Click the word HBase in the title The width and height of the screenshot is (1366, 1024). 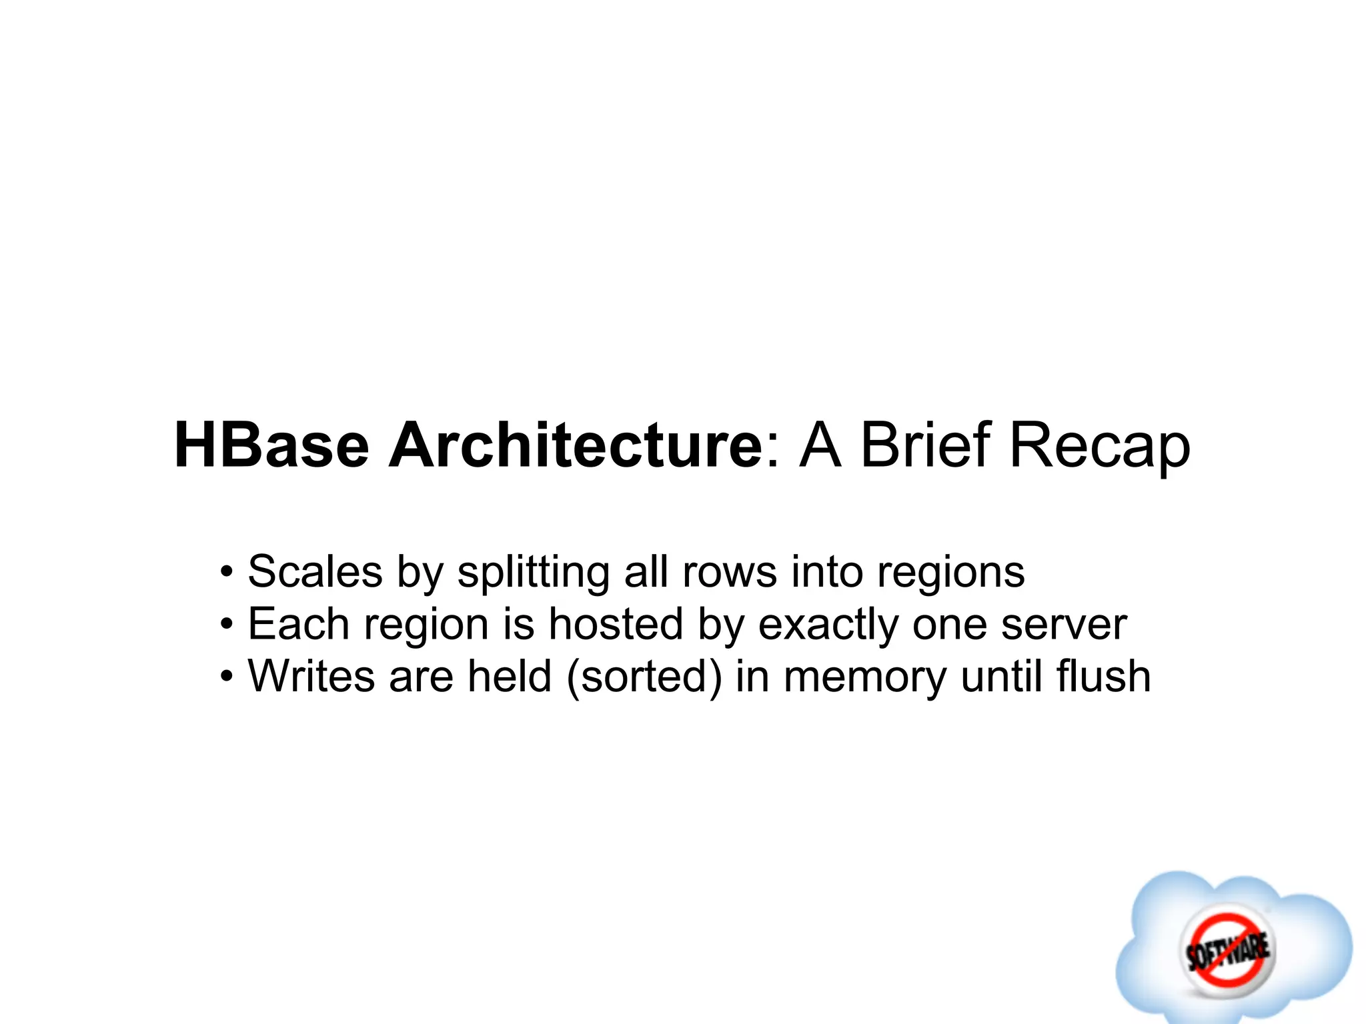(271, 445)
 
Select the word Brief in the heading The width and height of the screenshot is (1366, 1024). (926, 445)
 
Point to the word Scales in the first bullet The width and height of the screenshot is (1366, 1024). (315, 572)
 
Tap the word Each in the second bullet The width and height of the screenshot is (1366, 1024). (298, 625)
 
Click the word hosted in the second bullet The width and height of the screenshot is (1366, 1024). (615, 625)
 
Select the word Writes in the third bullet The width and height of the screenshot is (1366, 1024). (311, 677)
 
